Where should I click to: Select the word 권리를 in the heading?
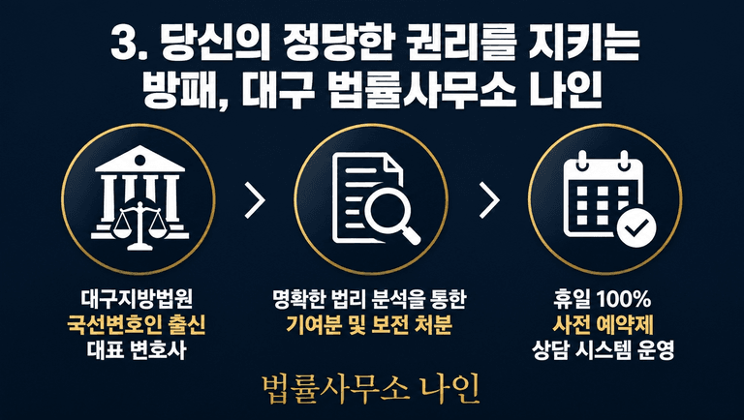[x=450, y=44]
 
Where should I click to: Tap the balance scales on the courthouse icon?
[x=139, y=225]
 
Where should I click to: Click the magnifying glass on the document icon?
[x=392, y=214]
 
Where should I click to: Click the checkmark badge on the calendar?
[x=636, y=228]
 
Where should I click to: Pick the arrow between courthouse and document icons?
[x=255, y=199]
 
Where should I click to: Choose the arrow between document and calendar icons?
[x=489, y=199]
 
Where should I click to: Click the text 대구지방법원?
[x=138, y=299]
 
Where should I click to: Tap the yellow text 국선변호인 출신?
[x=137, y=325]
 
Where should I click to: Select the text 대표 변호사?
[x=137, y=350]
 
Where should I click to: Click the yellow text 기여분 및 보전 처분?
[x=369, y=325]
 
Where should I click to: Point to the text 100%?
[x=624, y=299]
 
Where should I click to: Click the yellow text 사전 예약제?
[x=604, y=325]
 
